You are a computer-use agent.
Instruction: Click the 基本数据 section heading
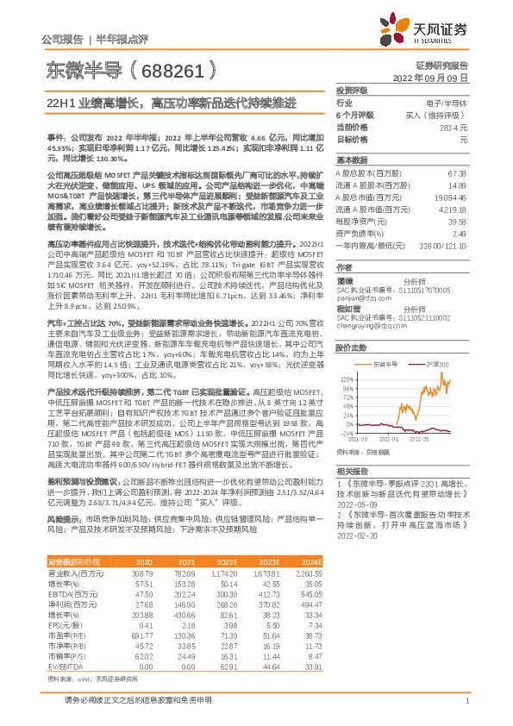(x=352, y=161)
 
